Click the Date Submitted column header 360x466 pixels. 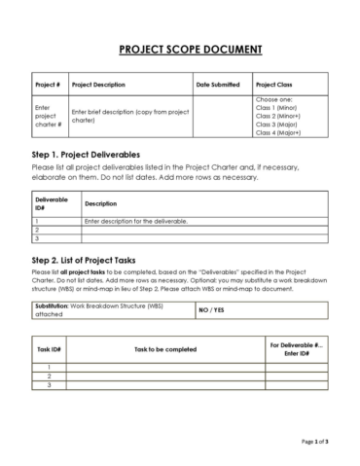coord(217,85)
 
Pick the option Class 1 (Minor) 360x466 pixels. coord(280,108)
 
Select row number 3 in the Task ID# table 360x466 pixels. coord(50,384)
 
